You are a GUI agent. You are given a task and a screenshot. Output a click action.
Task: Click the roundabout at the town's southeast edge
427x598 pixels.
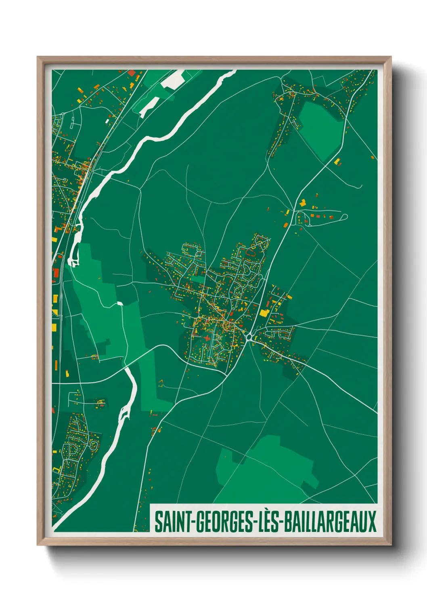point(249,336)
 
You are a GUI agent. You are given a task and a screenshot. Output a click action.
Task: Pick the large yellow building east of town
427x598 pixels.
point(264,312)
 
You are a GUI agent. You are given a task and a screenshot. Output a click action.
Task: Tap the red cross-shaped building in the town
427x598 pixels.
point(207,338)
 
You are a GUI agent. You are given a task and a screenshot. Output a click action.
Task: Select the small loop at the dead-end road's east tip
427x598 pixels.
point(344,217)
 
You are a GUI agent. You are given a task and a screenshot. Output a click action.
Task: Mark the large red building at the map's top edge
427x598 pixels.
point(132,73)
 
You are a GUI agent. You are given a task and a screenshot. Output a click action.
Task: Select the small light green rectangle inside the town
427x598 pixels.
point(198,279)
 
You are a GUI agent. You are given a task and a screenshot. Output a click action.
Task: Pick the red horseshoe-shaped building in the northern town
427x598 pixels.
point(251,253)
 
